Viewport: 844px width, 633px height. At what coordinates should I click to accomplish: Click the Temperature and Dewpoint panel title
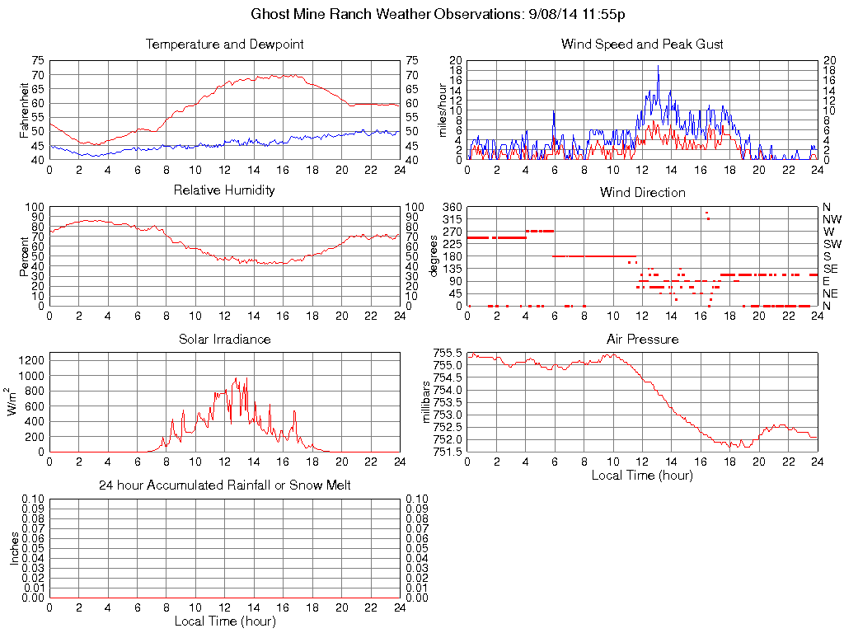tap(224, 44)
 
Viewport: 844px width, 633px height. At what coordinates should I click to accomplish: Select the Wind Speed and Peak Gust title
tap(642, 44)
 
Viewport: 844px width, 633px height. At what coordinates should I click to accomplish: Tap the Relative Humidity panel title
tap(224, 190)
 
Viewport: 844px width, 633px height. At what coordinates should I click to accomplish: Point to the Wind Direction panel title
tap(642, 192)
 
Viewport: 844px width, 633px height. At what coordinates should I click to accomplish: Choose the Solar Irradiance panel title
tap(224, 339)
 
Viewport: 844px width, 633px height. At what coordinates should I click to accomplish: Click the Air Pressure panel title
tap(642, 339)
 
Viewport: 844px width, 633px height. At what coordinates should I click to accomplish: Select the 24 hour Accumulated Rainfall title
tap(224, 485)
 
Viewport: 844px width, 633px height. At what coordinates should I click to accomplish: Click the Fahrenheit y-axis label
tap(24, 110)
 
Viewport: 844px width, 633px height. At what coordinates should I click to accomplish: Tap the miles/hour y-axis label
tap(442, 110)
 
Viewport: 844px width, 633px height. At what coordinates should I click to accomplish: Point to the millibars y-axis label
tap(426, 401)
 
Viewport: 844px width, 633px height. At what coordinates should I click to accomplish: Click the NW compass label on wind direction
tap(831, 219)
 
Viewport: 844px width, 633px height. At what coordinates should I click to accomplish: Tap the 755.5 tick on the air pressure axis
tap(448, 353)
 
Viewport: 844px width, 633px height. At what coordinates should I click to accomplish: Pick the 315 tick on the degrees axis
tap(452, 219)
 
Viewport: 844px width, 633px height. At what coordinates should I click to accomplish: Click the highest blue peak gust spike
tap(658, 67)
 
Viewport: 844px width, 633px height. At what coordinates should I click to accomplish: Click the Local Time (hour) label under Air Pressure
tap(642, 475)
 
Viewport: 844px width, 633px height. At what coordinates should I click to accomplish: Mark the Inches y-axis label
tap(14, 548)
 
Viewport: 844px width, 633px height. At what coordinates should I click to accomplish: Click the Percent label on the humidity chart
tap(24, 256)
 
